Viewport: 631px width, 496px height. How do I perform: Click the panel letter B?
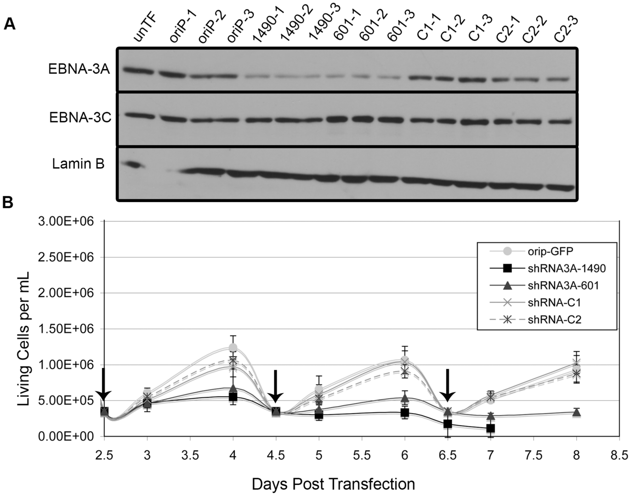(8, 203)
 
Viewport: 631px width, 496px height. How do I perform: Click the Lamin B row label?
(78, 164)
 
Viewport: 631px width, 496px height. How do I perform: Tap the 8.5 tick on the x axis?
(619, 455)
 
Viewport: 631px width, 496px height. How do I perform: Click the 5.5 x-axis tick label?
(361, 455)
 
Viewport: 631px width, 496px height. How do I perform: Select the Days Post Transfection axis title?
(333, 484)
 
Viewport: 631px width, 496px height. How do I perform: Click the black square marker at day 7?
(490, 428)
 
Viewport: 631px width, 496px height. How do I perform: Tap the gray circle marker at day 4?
(233, 347)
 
